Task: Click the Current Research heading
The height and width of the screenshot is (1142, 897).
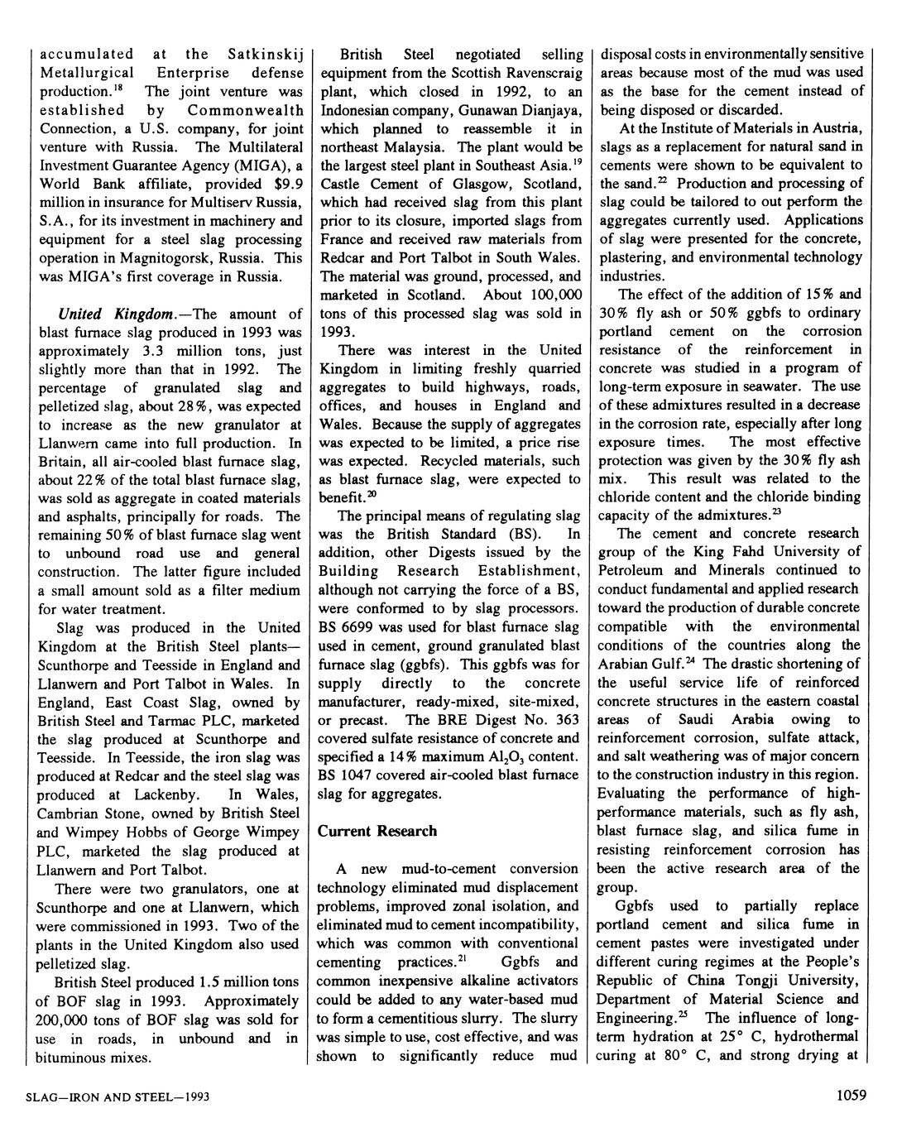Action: point(377,830)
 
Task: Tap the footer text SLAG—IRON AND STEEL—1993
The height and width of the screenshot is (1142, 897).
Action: point(118,1097)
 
